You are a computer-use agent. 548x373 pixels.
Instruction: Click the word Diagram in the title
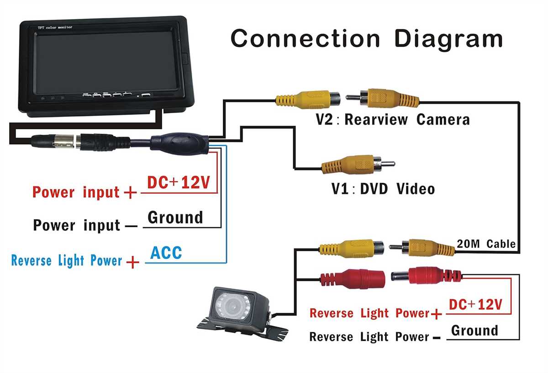coord(448,39)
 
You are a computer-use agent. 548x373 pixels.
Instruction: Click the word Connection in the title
coord(305,38)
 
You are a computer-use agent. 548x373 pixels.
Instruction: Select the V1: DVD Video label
coord(383,188)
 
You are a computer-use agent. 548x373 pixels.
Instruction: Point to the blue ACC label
coord(166,252)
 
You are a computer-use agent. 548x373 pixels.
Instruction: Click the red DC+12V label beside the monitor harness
coord(178,183)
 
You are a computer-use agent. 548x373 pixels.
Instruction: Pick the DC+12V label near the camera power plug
coord(475,304)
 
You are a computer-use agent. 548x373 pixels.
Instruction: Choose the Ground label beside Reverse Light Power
coord(474,330)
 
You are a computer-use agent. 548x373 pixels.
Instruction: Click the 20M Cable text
coord(486,244)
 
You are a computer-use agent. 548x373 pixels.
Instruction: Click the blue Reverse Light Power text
coord(67,261)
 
